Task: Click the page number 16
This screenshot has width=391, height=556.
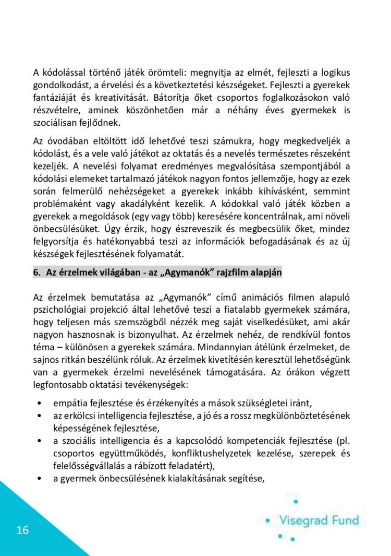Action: [x=22, y=531]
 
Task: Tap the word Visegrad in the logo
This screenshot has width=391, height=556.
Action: [x=304, y=520]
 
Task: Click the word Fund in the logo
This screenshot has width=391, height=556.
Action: [x=346, y=520]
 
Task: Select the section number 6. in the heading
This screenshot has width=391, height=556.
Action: [x=37, y=272]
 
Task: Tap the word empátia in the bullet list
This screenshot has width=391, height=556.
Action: [x=69, y=403]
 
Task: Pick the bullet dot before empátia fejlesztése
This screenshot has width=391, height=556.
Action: [x=40, y=404]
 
